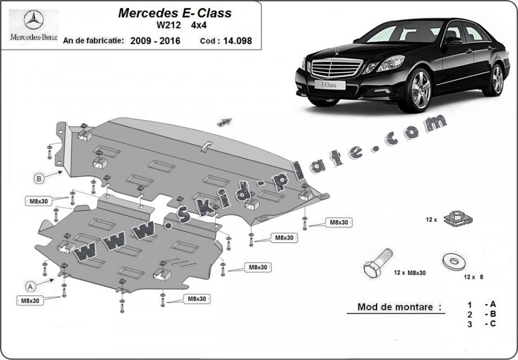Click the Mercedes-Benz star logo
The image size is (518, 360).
click(x=33, y=21)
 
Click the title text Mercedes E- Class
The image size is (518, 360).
click(x=174, y=13)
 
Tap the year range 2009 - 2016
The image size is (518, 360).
click(x=156, y=41)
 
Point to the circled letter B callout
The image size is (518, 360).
click(x=39, y=178)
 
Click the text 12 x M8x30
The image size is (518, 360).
click(x=410, y=272)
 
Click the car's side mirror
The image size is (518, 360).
click(x=451, y=40)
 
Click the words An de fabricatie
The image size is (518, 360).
click(x=94, y=40)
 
